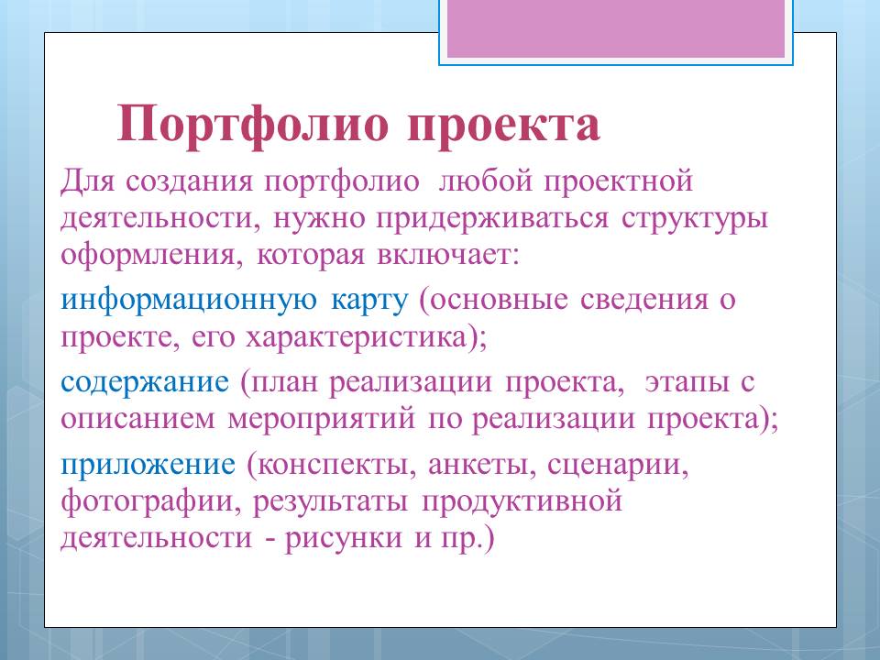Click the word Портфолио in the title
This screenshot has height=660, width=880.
(253, 125)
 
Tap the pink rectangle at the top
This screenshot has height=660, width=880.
(616, 28)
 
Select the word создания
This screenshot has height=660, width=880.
(189, 181)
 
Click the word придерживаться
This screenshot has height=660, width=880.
(492, 219)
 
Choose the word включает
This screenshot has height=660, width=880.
(447, 256)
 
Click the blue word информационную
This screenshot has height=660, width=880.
(189, 302)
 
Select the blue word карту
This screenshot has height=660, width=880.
(369, 302)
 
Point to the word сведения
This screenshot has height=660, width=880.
(643, 300)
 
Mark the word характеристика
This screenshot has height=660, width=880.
(357, 338)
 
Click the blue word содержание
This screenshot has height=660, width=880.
(145, 383)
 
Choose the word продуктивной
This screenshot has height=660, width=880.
(522, 501)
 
